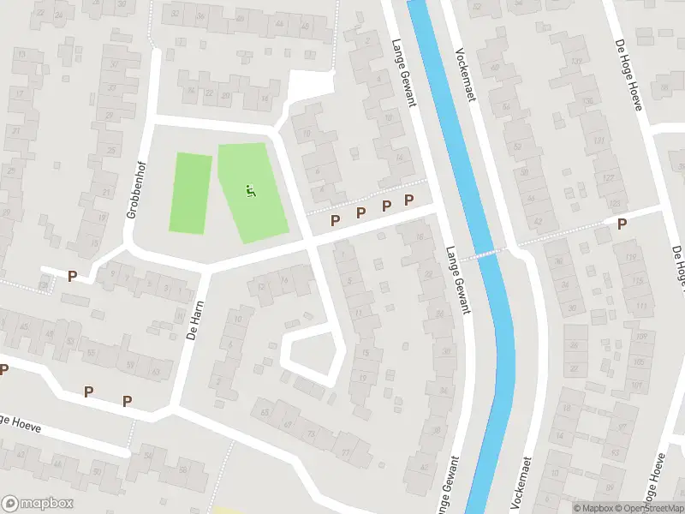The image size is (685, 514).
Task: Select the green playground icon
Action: (250, 191)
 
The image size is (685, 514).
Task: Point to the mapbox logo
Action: (37, 504)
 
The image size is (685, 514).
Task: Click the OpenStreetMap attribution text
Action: (649, 508)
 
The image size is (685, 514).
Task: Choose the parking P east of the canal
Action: (622, 224)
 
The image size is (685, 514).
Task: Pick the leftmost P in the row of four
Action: (335, 221)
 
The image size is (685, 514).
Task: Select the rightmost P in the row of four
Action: (409, 200)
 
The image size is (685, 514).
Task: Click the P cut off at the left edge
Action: (3, 369)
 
